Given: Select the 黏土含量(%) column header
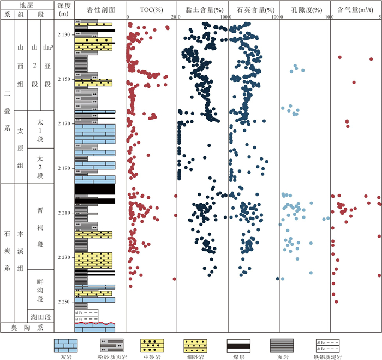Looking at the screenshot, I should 202,10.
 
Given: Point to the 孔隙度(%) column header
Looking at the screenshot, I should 305,10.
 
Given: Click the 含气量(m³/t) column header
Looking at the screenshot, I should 356,10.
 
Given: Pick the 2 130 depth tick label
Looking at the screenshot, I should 64,35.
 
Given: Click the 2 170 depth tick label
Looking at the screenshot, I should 64,124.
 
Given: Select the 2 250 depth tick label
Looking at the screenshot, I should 64,302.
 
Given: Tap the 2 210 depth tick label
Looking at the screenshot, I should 64,213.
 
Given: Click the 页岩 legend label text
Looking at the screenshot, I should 282,356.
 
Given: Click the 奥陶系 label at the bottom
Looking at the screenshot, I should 27,328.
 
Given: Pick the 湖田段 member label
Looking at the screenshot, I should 41,317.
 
